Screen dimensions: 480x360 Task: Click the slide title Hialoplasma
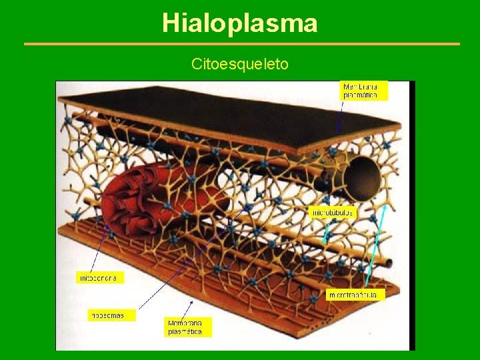click(240, 24)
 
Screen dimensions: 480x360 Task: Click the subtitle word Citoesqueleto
click(240, 64)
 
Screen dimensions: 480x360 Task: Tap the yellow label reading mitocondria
click(100, 277)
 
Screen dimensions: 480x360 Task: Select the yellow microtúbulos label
click(333, 213)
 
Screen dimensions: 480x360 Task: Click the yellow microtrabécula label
click(355, 294)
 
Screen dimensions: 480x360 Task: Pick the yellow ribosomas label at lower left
click(111, 315)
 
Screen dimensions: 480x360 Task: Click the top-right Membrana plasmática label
click(363, 91)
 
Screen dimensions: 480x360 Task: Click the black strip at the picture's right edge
click(411, 213)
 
